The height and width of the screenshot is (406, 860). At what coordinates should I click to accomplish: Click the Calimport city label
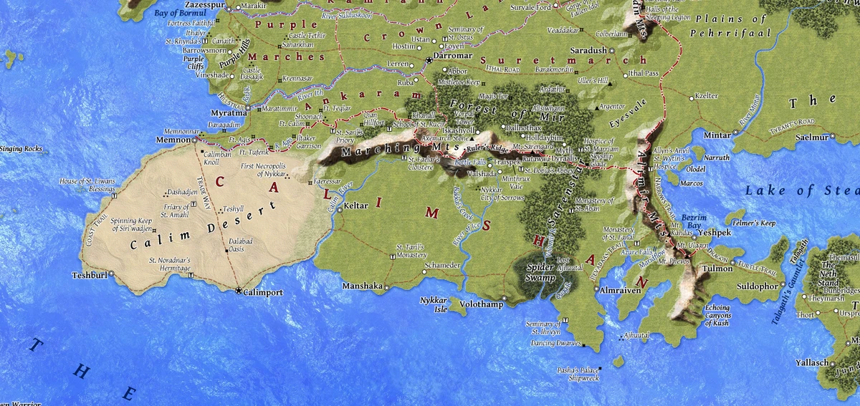263,293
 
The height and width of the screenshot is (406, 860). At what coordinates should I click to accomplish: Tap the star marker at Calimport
239,290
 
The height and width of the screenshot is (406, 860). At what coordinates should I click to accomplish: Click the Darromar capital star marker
429,59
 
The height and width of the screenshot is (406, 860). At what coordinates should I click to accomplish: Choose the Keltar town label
356,206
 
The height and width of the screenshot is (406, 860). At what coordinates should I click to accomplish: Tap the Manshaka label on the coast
363,286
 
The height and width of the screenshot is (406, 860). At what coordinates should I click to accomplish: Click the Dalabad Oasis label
241,245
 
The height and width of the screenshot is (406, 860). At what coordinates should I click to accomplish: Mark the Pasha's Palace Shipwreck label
575,374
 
